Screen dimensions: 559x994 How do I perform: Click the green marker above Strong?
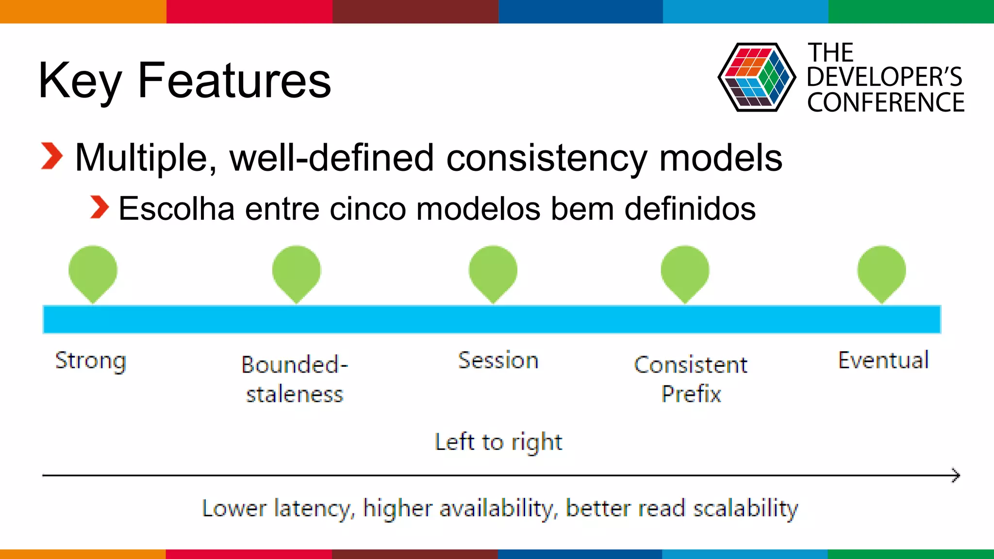click(x=93, y=272)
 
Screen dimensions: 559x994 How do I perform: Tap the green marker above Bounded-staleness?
click(x=296, y=272)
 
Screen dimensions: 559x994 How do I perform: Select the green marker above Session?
click(x=493, y=272)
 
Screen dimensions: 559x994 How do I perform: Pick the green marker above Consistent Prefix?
click(x=685, y=272)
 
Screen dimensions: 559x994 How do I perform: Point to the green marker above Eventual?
click(x=881, y=272)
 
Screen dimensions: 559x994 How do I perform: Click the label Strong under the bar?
click(x=91, y=361)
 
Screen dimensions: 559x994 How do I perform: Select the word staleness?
click(x=295, y=394)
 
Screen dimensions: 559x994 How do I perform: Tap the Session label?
click(x=498, y=360)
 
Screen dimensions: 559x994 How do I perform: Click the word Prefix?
click(x=691, y=394)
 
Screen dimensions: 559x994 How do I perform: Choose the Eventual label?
click(x=883, y=360)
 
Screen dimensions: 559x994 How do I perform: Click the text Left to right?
click(x=498, y=442)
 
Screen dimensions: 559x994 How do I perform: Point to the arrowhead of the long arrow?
click(x=956, y=475)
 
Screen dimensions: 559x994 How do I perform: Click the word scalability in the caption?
click(x=745, y=509)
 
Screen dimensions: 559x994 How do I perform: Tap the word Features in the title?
click(x=234, y=81)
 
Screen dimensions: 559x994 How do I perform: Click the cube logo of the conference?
click(x=756, y=77)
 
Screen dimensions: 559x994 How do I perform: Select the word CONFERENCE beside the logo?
click(x=886, y=102)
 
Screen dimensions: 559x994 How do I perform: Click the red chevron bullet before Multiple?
click(x=52, y=156)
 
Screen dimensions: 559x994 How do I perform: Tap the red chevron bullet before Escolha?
click(x=99, y=207)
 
